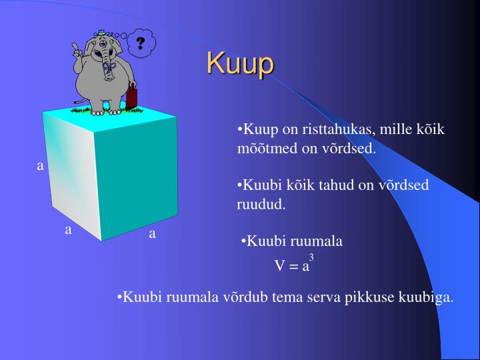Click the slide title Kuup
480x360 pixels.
[240, 63]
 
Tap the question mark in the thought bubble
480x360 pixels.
[141, 43]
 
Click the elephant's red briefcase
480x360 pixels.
[132, 96]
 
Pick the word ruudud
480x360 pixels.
[261, 204]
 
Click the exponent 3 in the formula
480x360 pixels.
[311, 257]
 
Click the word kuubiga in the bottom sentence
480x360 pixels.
[426, 297]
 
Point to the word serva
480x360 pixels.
[324, 297]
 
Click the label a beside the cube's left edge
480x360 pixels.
[40, 165]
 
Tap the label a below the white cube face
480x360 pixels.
[68, 230]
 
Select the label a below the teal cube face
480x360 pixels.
[152, 233]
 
